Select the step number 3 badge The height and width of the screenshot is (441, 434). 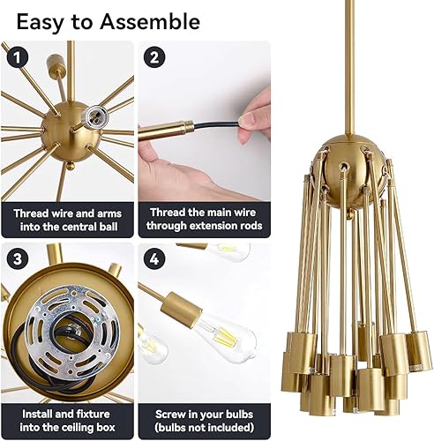coord(14,259)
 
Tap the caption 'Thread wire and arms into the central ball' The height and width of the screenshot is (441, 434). coord(67,220)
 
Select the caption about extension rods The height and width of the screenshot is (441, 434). coord(205,220)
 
